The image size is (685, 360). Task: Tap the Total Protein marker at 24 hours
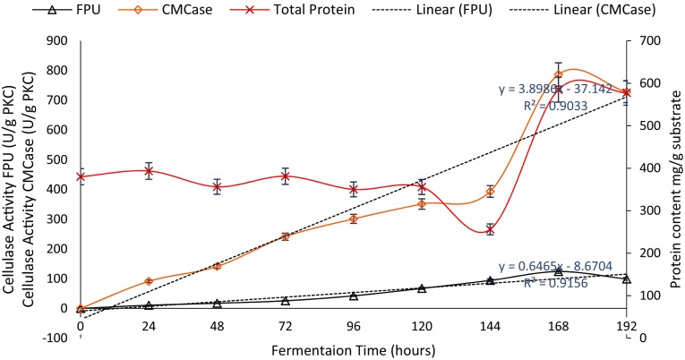pyautogui.click(x=149, y=171)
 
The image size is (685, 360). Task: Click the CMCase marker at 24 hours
pyautogui.click(x=149, y=281)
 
